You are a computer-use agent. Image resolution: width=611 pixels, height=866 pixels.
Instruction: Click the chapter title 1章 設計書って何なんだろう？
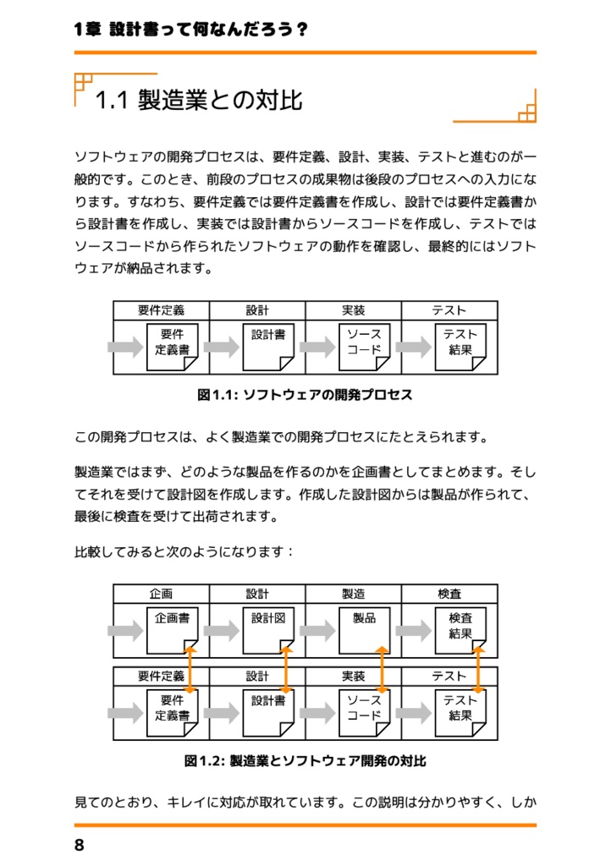[190, 30]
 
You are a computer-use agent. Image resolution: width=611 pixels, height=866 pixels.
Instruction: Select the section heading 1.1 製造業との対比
[199, 101]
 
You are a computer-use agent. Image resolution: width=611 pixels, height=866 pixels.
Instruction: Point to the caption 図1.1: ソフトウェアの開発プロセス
[305, 395]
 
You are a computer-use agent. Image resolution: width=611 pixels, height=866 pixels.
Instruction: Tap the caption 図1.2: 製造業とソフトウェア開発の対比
[305, 761]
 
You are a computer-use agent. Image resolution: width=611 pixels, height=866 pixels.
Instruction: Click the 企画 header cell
[161, 595]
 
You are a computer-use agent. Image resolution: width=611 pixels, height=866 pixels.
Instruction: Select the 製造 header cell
[353, 595]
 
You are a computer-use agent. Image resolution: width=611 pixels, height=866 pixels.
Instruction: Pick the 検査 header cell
[449, 595]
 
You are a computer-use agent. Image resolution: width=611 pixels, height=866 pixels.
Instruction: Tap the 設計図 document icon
[268, 630]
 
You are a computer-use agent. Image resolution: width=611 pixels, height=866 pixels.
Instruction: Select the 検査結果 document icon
[460, 630]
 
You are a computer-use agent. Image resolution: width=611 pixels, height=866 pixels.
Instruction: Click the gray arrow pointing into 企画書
[125, 631]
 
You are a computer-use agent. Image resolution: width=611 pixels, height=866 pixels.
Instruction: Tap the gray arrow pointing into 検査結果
[414, 631]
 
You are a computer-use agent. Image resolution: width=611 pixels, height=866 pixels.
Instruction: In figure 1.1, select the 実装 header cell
[353, 311]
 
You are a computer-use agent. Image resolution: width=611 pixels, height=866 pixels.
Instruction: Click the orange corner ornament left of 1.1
[83, 82]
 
